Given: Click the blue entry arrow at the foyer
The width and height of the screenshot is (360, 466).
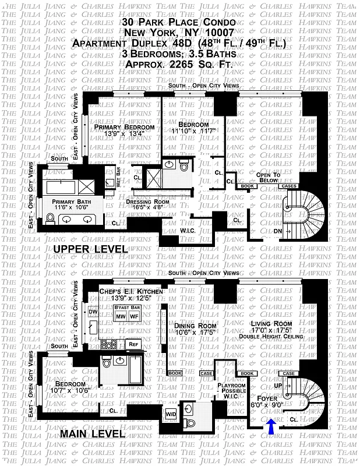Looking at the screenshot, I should (x=272, y=429).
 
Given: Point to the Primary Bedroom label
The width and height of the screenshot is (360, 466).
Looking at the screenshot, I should (x=124, y=128).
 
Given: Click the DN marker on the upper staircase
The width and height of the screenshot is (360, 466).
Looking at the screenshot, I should (x=278, y=231).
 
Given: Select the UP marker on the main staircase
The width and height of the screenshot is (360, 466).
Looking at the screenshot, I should (x=285, y=386).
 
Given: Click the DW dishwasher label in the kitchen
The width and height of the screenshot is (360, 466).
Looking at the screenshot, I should (x=92, y=312).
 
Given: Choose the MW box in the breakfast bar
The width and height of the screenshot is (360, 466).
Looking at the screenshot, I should (x=121, y=316).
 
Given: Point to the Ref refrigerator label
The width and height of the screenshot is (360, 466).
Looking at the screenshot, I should (x=132, y=344).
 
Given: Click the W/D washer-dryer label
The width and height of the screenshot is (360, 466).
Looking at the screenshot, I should (x=172, y=414).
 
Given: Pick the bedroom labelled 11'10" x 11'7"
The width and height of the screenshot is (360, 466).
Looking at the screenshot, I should (x=193, y=129).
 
